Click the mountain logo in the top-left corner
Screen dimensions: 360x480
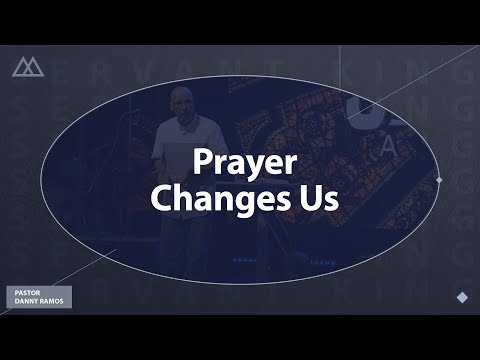(28, 67)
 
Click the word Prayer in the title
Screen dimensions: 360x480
(240, 164)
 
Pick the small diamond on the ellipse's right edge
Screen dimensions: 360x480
(439, 180)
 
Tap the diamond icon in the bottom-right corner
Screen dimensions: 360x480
(461, 297)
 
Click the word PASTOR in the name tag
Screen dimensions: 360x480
(25, 293)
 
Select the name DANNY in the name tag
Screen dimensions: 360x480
(25, 301)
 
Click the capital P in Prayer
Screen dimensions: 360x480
(199, 163)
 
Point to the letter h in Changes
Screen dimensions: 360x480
(181, 196)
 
